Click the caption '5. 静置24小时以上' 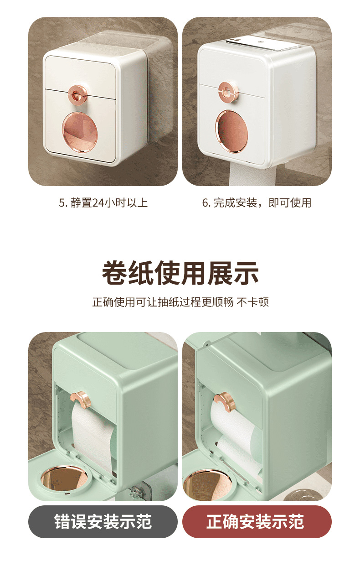coord(103,203)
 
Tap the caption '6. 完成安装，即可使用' coord(257,203)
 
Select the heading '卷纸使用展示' coord(180,273)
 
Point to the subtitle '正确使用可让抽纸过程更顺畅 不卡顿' coord(180,302)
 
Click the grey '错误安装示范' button coord(103,521)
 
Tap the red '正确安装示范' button coord(257,521)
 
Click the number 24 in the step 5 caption coord(98,203)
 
